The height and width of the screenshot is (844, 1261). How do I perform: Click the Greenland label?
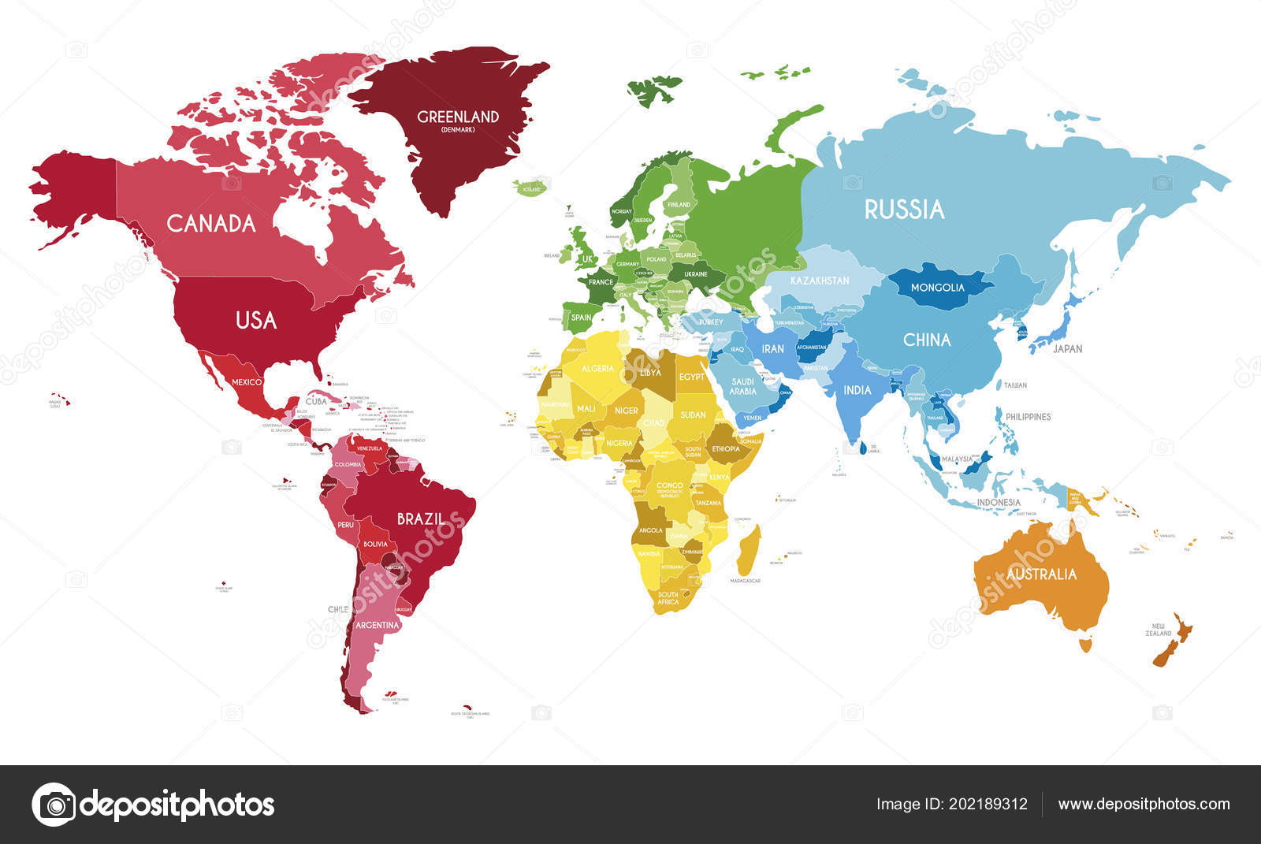point(458,117)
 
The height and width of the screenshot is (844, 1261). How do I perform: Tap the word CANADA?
point(211,224)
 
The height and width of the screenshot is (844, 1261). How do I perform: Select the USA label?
point(256,320)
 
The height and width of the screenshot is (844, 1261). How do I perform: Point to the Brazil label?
point(419,519)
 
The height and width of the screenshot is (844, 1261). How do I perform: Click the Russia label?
point(904,210)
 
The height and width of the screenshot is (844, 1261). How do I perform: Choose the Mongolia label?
point(937,288)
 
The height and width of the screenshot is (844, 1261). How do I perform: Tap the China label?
point(927,340)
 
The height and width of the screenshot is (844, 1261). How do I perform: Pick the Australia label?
point(1041,574)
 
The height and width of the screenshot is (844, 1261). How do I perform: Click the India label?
point(857,390)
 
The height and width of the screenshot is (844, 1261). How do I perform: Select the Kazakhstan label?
point(820,281)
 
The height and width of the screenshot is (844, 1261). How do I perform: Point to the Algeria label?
point(597,369)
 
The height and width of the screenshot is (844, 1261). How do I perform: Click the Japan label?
point(1068,348)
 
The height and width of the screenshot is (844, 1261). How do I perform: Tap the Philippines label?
point(1029,416)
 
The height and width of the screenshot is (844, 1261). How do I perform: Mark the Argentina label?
point(378,625)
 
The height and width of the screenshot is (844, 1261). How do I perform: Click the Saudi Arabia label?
point(742,386)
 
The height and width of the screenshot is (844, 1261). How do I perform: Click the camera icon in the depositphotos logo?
point(54,805)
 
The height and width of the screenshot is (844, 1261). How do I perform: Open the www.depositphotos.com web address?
point(1144,805)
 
